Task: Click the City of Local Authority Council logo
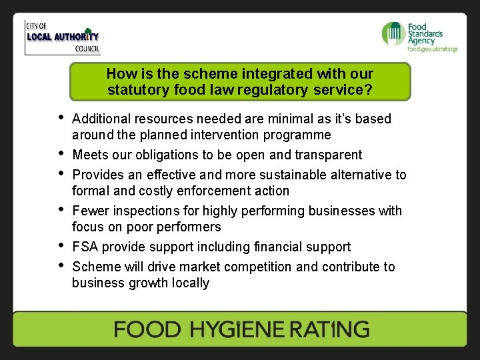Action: point(62,38)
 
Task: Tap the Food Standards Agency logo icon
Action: point(393,33)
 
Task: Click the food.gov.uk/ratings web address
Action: point(433,49)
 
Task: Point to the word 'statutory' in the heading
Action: point(134,89)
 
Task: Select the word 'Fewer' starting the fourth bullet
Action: point(89,211)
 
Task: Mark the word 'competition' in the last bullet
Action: point(257,267)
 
